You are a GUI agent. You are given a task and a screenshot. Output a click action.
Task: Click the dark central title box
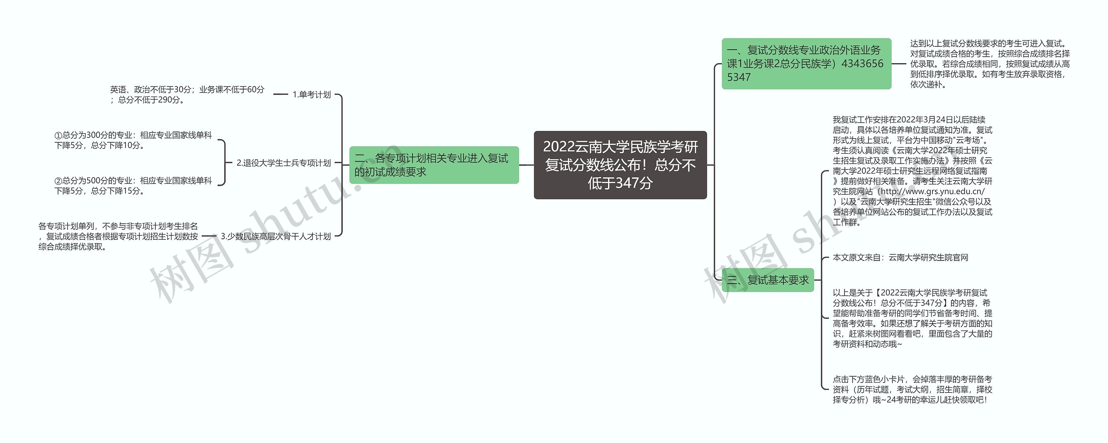620,165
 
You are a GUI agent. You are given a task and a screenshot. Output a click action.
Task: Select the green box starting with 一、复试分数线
806,64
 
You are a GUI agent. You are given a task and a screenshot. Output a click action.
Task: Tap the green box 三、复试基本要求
768,280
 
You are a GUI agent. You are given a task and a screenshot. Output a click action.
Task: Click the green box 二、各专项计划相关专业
434,165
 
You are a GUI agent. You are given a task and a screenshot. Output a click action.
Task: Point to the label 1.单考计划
311,94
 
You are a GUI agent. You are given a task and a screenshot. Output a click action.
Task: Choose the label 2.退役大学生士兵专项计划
283,163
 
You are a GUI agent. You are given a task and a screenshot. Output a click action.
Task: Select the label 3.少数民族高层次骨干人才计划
276,236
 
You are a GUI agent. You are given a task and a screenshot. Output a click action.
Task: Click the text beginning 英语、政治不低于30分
187,94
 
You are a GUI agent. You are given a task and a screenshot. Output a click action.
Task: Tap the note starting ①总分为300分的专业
133,140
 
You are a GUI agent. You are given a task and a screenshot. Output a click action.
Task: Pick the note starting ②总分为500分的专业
133,186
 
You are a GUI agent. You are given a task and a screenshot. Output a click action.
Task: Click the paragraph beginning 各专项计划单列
118,236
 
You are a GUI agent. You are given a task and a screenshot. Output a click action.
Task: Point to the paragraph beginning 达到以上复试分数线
989,64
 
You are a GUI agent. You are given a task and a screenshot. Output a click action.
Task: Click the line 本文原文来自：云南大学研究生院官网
900,257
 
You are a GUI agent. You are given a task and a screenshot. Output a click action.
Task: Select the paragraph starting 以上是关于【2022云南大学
912,318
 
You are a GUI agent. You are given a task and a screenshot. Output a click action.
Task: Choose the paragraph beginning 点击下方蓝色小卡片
912,389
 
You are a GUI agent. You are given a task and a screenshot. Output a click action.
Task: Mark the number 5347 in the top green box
739,77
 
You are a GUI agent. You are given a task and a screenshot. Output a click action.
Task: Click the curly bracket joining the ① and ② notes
223,163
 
